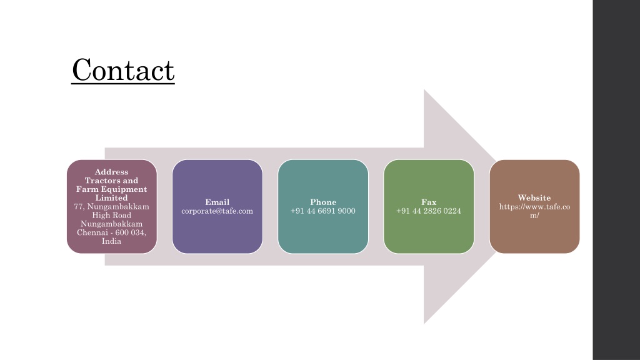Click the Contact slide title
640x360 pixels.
(123, 70)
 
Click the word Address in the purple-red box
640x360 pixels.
(111, 172)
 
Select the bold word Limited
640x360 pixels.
(111, 198)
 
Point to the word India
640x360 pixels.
(111, 241)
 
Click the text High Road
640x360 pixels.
(111, 215)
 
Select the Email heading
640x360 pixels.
(217, 202)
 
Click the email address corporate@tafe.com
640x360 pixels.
(217, 211)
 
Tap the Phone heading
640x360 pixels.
(323, 202)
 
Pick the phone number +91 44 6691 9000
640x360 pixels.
(323, 211)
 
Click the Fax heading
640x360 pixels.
(429, 202)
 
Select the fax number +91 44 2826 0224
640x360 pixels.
(429, 211)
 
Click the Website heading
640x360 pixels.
(534, 198)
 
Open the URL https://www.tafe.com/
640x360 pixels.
(534, 211)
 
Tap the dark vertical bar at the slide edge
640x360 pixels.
(616, 180)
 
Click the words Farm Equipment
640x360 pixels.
(111, 189)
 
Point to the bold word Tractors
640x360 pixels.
(101, 181)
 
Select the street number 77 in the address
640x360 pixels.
(79, 206)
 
